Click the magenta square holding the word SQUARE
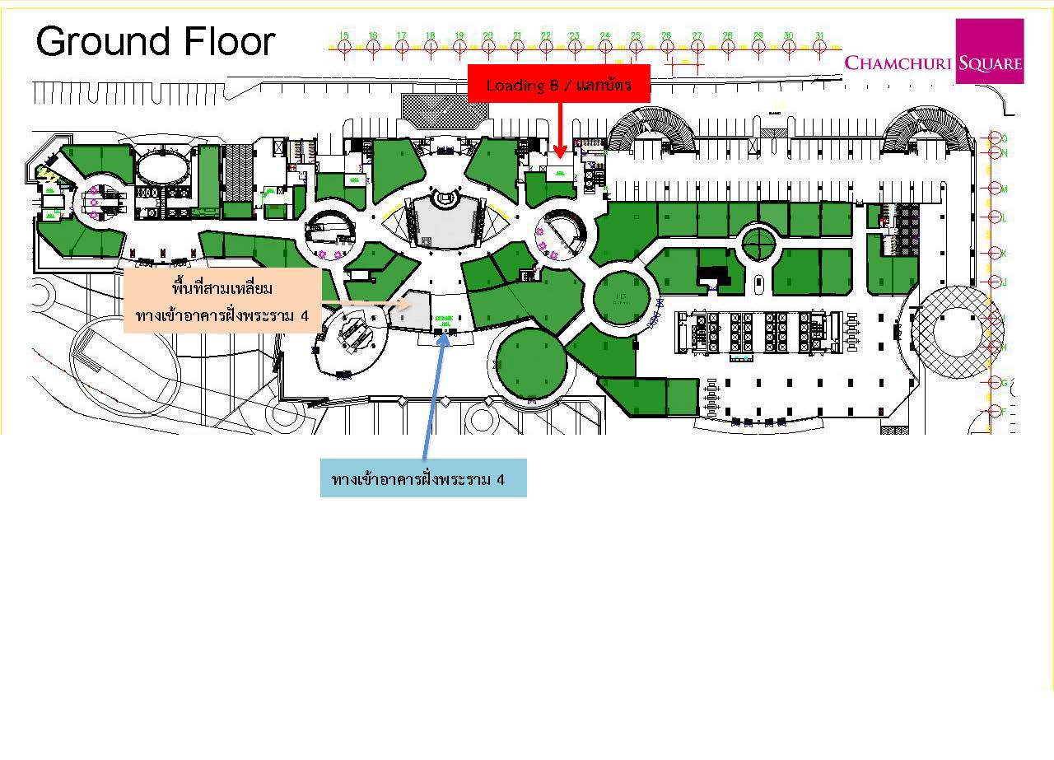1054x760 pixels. click(990, 52)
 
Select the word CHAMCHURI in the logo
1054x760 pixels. click(899, 63)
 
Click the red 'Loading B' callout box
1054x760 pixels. click(559, 84)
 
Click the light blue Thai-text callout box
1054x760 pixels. click(423, 478)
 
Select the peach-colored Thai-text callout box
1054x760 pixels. click(222, 301)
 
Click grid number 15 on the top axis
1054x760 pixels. click(343, 35)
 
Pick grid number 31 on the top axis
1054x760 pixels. click(819, 35)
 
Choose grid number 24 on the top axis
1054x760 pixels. click(604, 35)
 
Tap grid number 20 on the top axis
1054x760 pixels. click(487, 35)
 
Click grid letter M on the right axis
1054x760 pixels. click(1004, 189)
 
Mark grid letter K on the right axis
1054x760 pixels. click(1004, 253)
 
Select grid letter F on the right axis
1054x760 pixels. click(1004, 410)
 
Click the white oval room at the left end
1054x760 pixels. click(161, 168)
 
